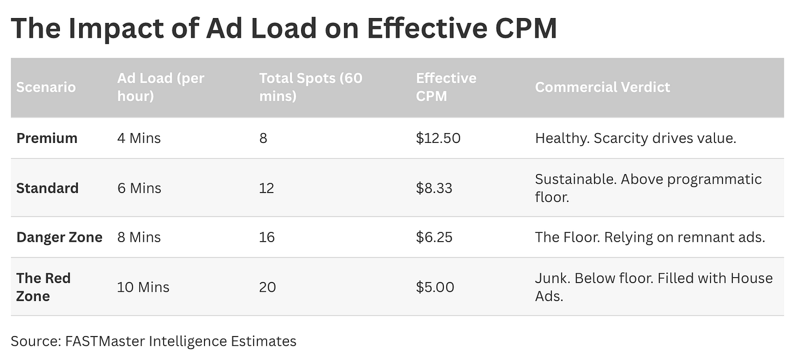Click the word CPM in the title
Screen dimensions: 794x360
[x=526, y=28]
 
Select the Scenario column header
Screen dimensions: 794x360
[x=46, y=87]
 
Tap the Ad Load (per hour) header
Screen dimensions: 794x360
[x=160, y=87]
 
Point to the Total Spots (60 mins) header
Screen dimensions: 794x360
[x=311, y=87]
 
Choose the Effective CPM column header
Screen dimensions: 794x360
[x=446, y=87]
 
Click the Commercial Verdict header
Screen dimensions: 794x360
[x=602, y=87]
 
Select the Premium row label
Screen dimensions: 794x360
[x=47, y=139]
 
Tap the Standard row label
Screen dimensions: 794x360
[x=47, y=188]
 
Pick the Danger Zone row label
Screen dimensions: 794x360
[x=59, y=237]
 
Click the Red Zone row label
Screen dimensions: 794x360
[x=43, y=287]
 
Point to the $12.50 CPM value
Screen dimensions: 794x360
[x=438, y=139]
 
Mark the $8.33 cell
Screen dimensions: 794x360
[x=434, y=188]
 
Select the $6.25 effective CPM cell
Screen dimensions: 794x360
[x=434, y=237]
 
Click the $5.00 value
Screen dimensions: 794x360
[x=435, y=287]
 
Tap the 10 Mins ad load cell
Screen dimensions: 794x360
[x=143, y=287]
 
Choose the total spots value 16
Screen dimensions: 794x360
[x=267, y=237]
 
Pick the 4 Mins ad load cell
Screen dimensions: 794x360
[x=139, y=139]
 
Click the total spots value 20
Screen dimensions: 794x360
[x=267, y=287]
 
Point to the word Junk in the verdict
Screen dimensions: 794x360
[x=552, y=278]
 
